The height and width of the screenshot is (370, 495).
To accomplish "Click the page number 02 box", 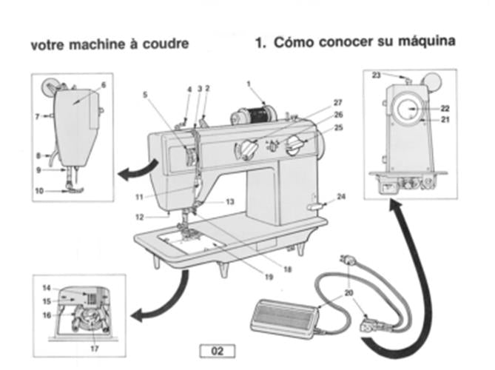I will pos(216,351).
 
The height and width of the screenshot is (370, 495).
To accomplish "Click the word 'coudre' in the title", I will pos(166,44).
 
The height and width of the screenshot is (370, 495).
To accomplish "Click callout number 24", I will pos(341,197).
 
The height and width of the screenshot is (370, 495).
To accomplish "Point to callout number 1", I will pos(249,84).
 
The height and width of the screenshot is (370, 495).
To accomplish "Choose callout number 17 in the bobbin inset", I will pos(93,348).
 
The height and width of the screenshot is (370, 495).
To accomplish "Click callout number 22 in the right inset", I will pos(445,107).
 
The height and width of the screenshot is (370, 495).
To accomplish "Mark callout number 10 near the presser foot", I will pos(38,190).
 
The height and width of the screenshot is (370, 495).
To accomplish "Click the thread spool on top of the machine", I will pos(253,115).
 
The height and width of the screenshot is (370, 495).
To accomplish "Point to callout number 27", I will pos(337,102).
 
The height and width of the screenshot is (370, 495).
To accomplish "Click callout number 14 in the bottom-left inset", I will pos(47,287).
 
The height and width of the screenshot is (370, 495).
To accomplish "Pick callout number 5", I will pos(146,94).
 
